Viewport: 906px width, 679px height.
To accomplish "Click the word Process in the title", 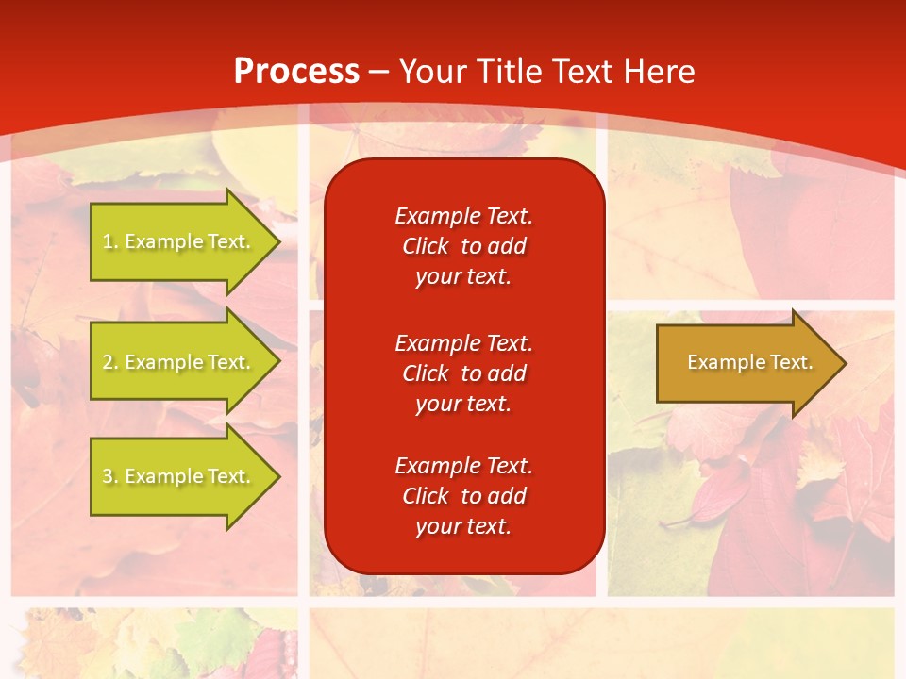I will (296, 72).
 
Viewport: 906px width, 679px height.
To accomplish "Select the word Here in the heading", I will (658, 72).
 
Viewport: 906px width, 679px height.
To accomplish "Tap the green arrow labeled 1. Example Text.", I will (176, 241).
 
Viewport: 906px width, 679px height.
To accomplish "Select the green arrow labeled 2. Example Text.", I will (176, 362).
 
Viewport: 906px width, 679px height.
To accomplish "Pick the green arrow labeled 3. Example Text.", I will (176, 476).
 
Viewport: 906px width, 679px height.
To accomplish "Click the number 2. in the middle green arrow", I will (110, 362).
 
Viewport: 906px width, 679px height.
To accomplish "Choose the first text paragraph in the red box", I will (463, 246).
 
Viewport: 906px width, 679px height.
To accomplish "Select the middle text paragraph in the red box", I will (463, 373).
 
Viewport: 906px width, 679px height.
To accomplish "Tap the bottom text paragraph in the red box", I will (463, 496).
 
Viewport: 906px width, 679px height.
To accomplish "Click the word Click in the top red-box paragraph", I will (426, 246).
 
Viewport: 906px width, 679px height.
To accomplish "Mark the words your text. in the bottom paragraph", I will (463, 526).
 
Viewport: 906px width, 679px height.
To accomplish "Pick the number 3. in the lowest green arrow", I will (110, 476).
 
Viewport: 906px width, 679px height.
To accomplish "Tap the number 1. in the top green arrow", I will (110, 241).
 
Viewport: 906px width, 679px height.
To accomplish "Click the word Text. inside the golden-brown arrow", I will (790, 362).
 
